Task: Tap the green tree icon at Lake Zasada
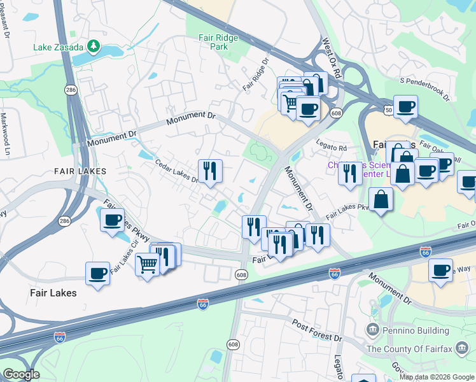94,46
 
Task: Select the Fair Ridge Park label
218,42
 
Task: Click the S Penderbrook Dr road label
424,90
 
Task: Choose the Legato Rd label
333,148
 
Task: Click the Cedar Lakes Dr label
178,171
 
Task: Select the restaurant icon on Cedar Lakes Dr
209,170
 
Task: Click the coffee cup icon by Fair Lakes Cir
113,220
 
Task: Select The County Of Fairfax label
421,349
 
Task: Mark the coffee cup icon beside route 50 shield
405,106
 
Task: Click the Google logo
21,374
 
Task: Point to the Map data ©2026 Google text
436,377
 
